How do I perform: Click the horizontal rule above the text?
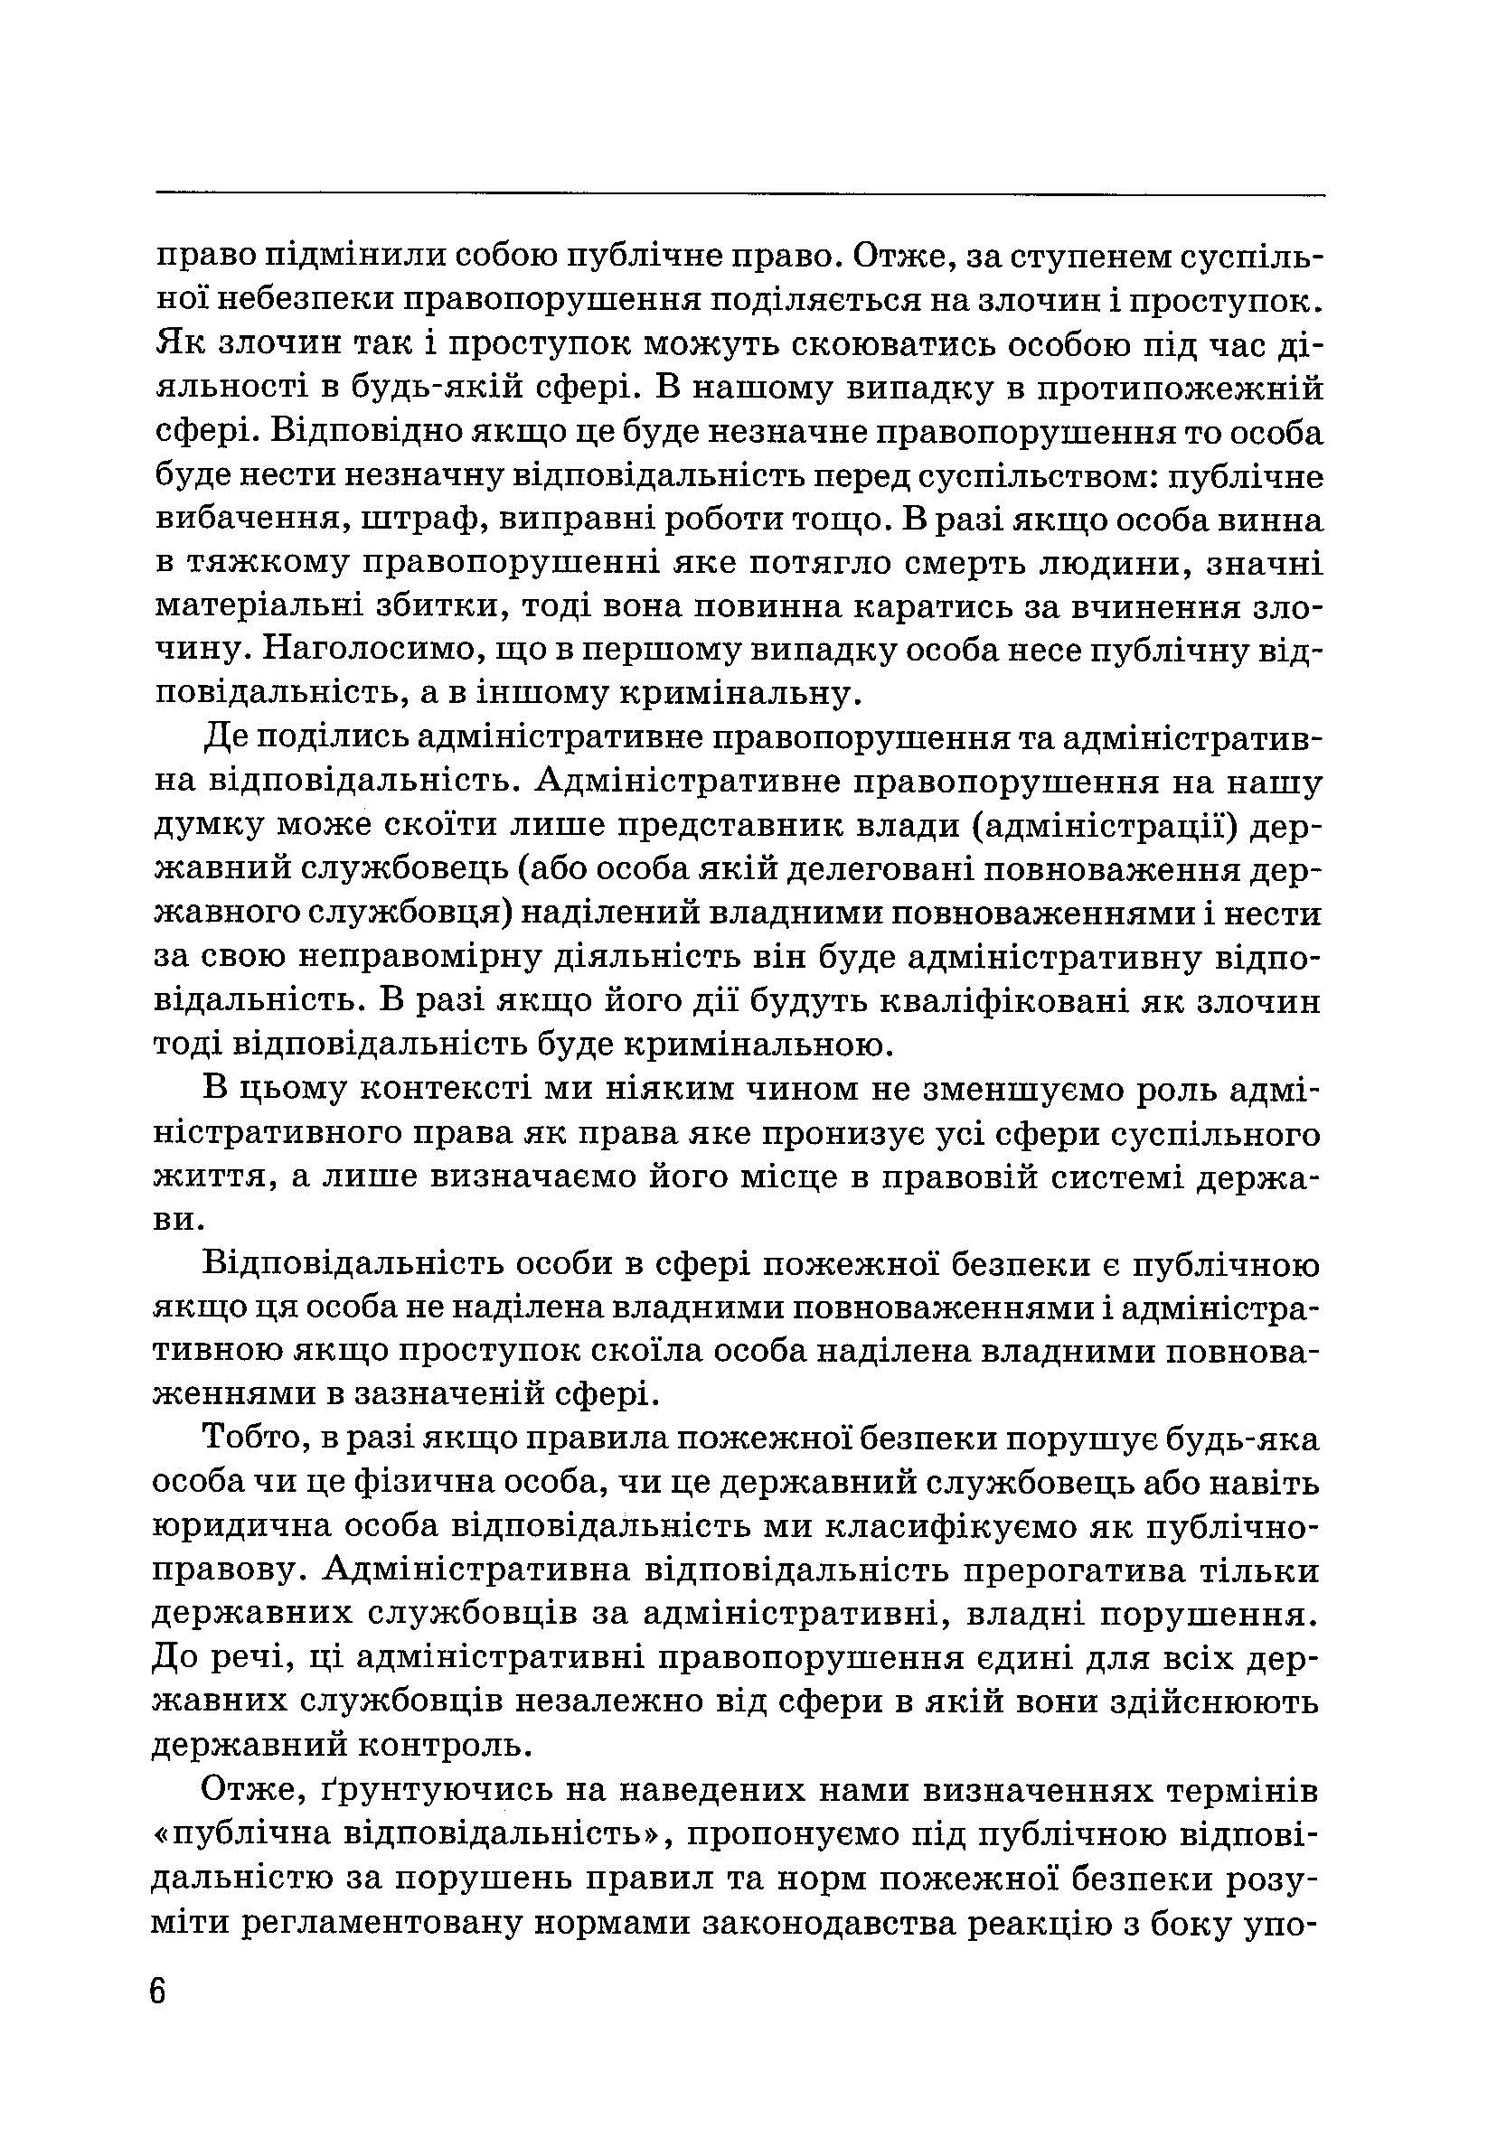[x=740, y=194]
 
